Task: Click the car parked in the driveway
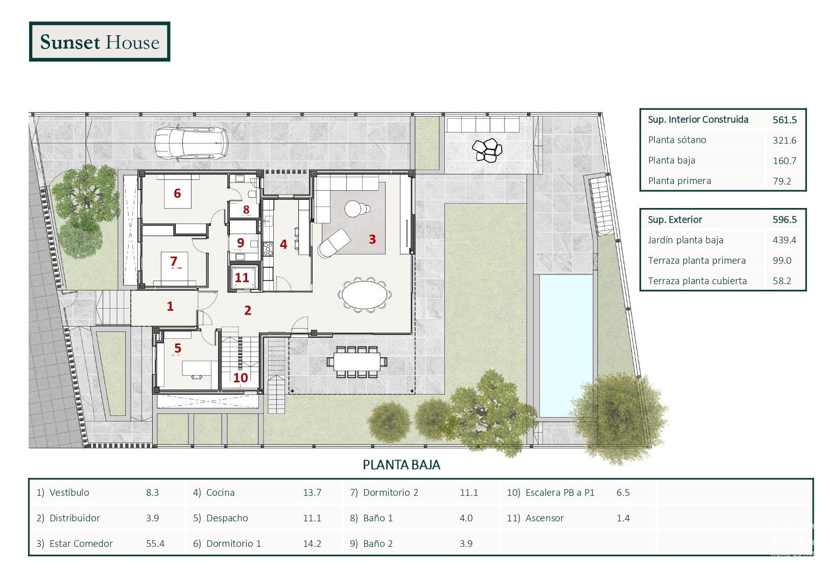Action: [x=191, y=144]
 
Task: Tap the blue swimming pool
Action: [x=566, y=345]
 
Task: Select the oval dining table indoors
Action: [x=365, y=295]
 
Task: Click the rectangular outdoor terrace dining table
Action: [x=357, y=361]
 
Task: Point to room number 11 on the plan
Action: [x=242, y=278]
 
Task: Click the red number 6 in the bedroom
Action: [x=177, y=193]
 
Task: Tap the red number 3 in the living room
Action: [x=372, y=239]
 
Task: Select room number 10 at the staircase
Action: [x=241, y=377]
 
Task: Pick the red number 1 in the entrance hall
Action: [x=170, y=306]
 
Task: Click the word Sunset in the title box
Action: [x=70, y=42]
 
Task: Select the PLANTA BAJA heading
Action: [x=401, y=465]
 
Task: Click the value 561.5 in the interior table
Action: [x=785, y=120]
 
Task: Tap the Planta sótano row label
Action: [x=677, y=140]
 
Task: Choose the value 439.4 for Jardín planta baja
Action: [x=785, y=240]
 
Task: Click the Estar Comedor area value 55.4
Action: [x=155, y=543]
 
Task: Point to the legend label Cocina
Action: [x=221, y=492]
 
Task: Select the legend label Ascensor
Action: [x=544, y=518]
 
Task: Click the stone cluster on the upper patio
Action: [x=487, y=150]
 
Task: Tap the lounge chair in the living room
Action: [x=334, y=243]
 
